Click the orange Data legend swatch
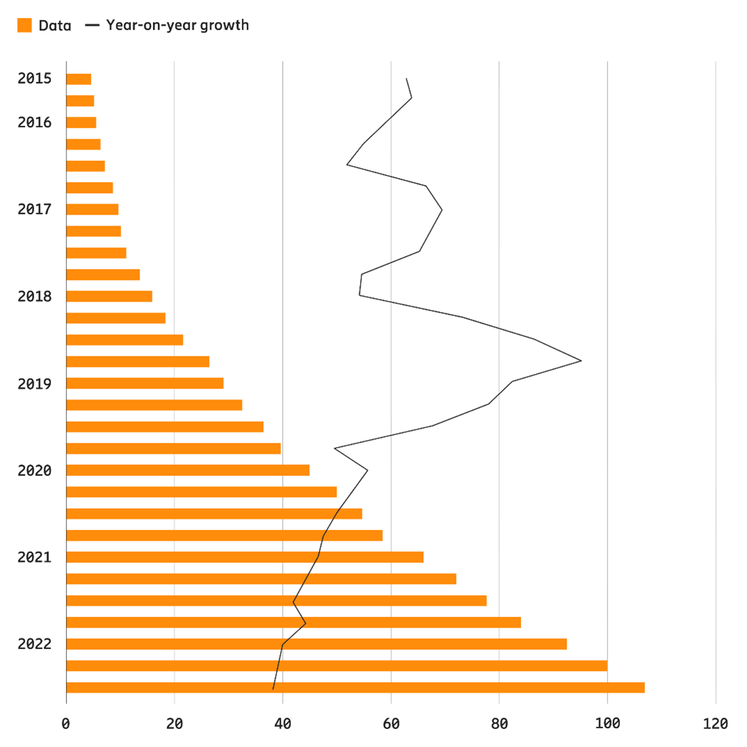(x=25, y=26)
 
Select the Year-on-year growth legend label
(x=177, y=26)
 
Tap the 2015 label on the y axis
(x=35, y=79)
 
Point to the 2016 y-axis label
(x=35, y=122)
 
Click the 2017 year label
(x=35, y=209)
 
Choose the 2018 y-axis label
(x=35, y=296)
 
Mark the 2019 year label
(x=35, y=384)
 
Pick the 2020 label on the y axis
(x=35, y=470)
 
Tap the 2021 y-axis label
(x=35, y=557)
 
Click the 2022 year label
(x=35, y=644)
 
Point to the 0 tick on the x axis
(x=66, y=723)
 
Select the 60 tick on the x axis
(x=391, y=723)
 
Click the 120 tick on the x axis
(x=716, y=723)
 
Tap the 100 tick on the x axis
(x=607, y=723)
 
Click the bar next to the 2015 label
(x=79, y=79)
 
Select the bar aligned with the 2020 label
(x=188, y=470)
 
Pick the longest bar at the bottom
(x=355, y=688)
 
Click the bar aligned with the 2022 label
(x=316, y=644)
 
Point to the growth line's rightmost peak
(x=581, y=361)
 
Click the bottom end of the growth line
(x=273, y=689)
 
